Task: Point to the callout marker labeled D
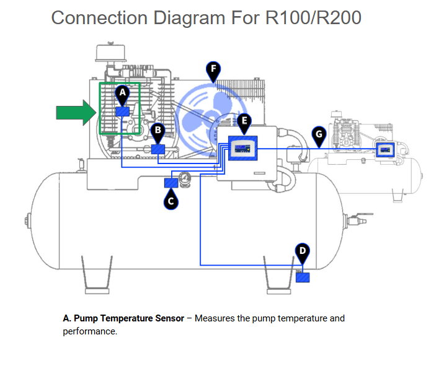click(302, 251)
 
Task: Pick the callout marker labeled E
click(244, 121)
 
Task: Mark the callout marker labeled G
click(319, 134)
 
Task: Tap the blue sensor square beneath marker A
click(122, 111)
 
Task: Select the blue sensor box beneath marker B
click(158, 149)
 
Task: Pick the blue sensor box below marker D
click(303, 277)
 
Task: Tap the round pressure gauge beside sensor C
click(184, 181)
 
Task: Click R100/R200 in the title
click(313, 17)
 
